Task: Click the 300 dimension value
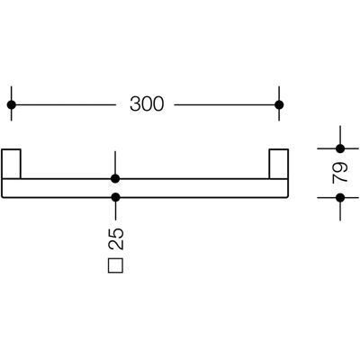coord(147,104)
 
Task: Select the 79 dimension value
coord(340,173)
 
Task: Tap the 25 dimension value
coord(116,238)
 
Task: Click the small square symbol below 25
coord(115,265)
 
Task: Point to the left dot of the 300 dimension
coord(12,104)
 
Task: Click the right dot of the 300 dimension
coord(279,104)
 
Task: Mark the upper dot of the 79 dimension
coord(340,148)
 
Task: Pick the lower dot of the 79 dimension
coord(340,198)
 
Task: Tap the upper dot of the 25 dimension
coord(115,179)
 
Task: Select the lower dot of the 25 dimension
coord(115,197)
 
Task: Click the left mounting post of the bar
coord(12,164)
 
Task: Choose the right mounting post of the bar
coord(279,164)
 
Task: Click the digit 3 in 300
coord(135,104)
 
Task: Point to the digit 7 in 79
coord(340,178)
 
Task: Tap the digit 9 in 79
coord(340,167)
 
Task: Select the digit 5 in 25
coord(116,233)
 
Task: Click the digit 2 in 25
coord(116,245)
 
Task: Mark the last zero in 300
coord(158,104)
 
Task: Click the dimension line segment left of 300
coord(63,104)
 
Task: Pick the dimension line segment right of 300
coord(227,104)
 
